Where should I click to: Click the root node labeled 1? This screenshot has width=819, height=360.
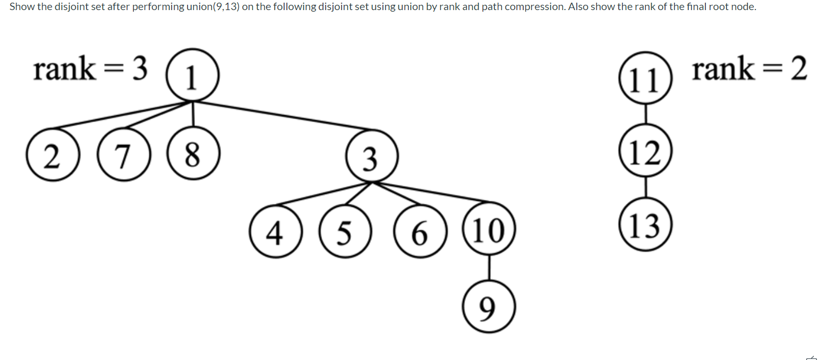tap(192, 76)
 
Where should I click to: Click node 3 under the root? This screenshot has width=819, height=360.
tap(371, 157)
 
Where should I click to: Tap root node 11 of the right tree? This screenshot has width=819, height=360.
tap(645, 79)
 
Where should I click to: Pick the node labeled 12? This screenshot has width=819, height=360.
tap(645, 152)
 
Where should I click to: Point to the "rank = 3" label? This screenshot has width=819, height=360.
tap(90, 70)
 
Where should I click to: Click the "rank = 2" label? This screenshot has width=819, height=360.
tap(749, 70)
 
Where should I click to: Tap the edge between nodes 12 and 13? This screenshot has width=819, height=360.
tap(645, 188)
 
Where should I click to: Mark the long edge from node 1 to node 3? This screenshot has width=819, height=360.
tap(281, 115)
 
